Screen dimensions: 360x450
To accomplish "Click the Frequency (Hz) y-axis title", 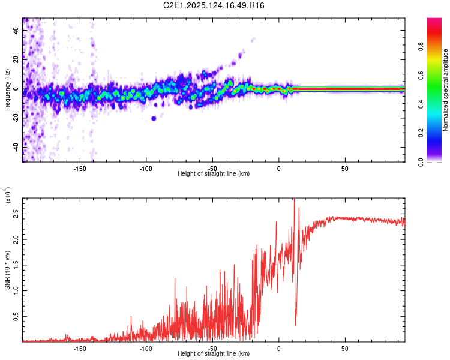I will pos(7,90).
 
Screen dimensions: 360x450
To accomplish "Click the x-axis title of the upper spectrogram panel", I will pos(214,174).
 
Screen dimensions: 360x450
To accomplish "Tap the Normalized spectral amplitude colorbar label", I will pos(446,90).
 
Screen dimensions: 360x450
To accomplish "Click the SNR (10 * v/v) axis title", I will pos(7,270).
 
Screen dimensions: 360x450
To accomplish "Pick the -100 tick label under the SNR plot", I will pos(146,347).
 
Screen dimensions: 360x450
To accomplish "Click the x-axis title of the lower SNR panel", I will pos(214,354).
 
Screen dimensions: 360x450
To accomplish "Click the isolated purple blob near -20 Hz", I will pos(154,118).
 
